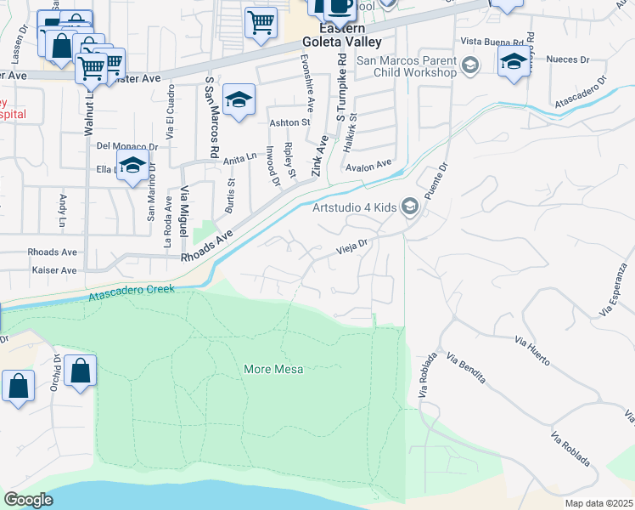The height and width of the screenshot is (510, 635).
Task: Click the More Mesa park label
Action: [273, 369]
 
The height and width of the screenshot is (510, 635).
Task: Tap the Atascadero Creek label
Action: [132, 292]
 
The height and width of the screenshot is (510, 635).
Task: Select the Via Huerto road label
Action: [532, 350]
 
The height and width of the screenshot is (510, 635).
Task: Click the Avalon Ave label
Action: [368, 165]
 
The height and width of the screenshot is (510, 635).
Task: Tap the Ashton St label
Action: [289, 122]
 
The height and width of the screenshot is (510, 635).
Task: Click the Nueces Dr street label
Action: [569, 59]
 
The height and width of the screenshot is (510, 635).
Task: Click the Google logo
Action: [29, 500]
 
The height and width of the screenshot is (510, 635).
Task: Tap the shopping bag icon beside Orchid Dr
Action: [80, 371]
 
